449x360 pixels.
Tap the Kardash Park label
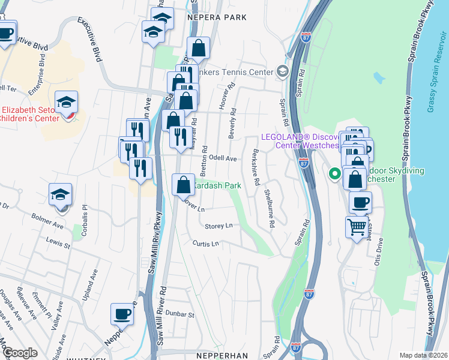pyautogui.click(x=217, y=186)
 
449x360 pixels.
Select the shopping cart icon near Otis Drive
pyautogui.click(x=357, y=227)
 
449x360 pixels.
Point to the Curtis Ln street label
pyautogui.click(x=206, y=244)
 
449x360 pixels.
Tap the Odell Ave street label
pyautogui.click(x=223, y=159)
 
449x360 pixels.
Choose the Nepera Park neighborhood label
pyautogui.click(x=217, y=18)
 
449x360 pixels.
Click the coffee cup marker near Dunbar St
pyautogui.click(x=122, y=314)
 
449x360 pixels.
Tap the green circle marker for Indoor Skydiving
pyautogui.click(x=334, y=175)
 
